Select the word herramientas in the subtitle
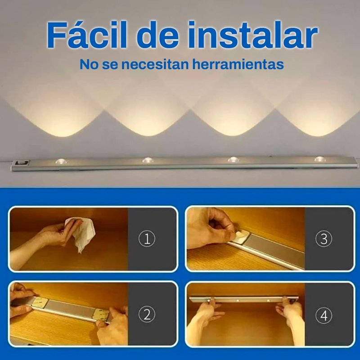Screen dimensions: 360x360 [x=238, y=64]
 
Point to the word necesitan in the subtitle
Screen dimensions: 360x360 [x=155, y=65]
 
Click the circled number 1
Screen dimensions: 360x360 [x=147, y=239]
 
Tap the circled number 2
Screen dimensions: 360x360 [x=147, y=315]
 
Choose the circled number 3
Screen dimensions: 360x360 [x=324, y=239]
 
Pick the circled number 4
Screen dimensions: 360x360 [x=324, y=315]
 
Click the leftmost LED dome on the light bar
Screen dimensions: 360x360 [x=61, y=162]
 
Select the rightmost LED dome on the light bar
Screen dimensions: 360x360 [x=320, y=159]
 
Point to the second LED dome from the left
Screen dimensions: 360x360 [x=148, y=161]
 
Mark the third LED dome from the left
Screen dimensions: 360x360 [x=233, y=160]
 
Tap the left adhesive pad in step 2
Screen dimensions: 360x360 [x=40, y=303]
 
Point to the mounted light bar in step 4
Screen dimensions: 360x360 [x=244, y=299]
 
